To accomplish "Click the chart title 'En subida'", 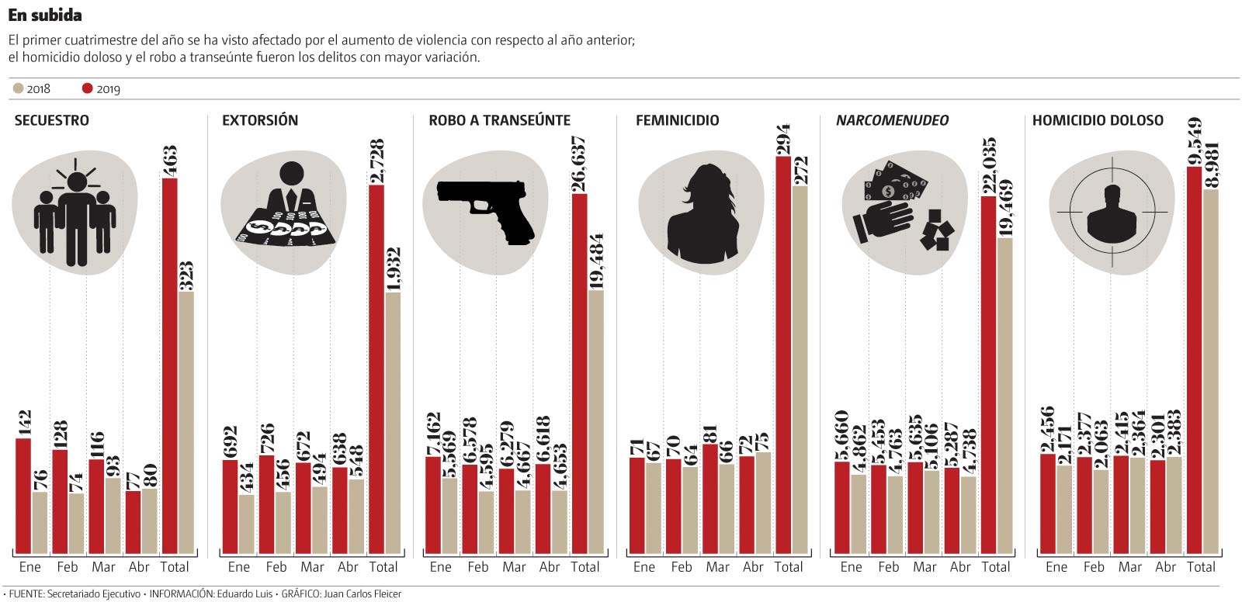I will tap(45, 15).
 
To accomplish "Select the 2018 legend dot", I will tap(19, 88).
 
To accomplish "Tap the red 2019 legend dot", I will tap(87, 88).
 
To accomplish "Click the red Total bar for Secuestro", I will tap(169, 365).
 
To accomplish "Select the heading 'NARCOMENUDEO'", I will tap(892, 120).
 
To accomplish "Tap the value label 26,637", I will tap(578, 164).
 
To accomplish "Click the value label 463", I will tap(169, 161).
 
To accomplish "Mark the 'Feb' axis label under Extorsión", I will tap(276, 567).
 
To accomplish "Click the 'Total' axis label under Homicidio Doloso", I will tap(1201, 567).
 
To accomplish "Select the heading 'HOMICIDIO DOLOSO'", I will tap(1098, 120).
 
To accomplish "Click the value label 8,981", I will tap(1211, 164).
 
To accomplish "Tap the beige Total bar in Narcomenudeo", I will tap(1004, 396).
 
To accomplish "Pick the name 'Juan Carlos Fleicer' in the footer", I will tap(364, 594).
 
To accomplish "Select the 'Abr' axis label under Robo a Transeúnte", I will tap(550, 567).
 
